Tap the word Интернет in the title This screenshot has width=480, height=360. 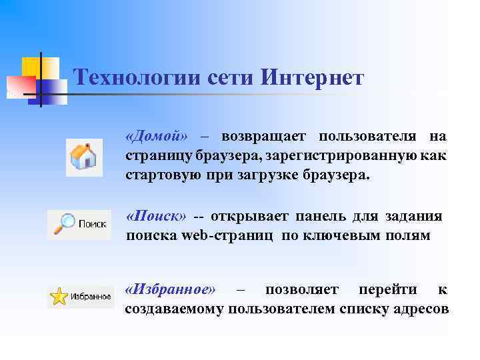click(x=313, y=79)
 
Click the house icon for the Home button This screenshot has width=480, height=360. click(x=84, y=158)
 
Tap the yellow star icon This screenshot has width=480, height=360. click(x=59, y=297)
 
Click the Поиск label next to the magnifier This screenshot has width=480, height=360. click(x=93, y=225)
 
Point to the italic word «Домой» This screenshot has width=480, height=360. click(x=157, y=137)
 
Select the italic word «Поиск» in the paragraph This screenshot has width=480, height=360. click(x=157, y=217)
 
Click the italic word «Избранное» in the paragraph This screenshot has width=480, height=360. click(x=171, y=289)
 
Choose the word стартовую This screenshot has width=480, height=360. click(x=156, y=175)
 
